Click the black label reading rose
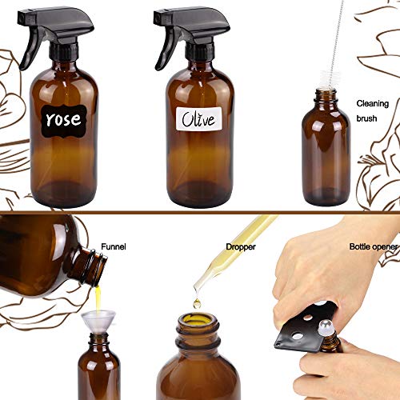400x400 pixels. tap(63, 120)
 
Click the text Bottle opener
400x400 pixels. tap(373, 246)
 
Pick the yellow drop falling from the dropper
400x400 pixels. tap(197, 303)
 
